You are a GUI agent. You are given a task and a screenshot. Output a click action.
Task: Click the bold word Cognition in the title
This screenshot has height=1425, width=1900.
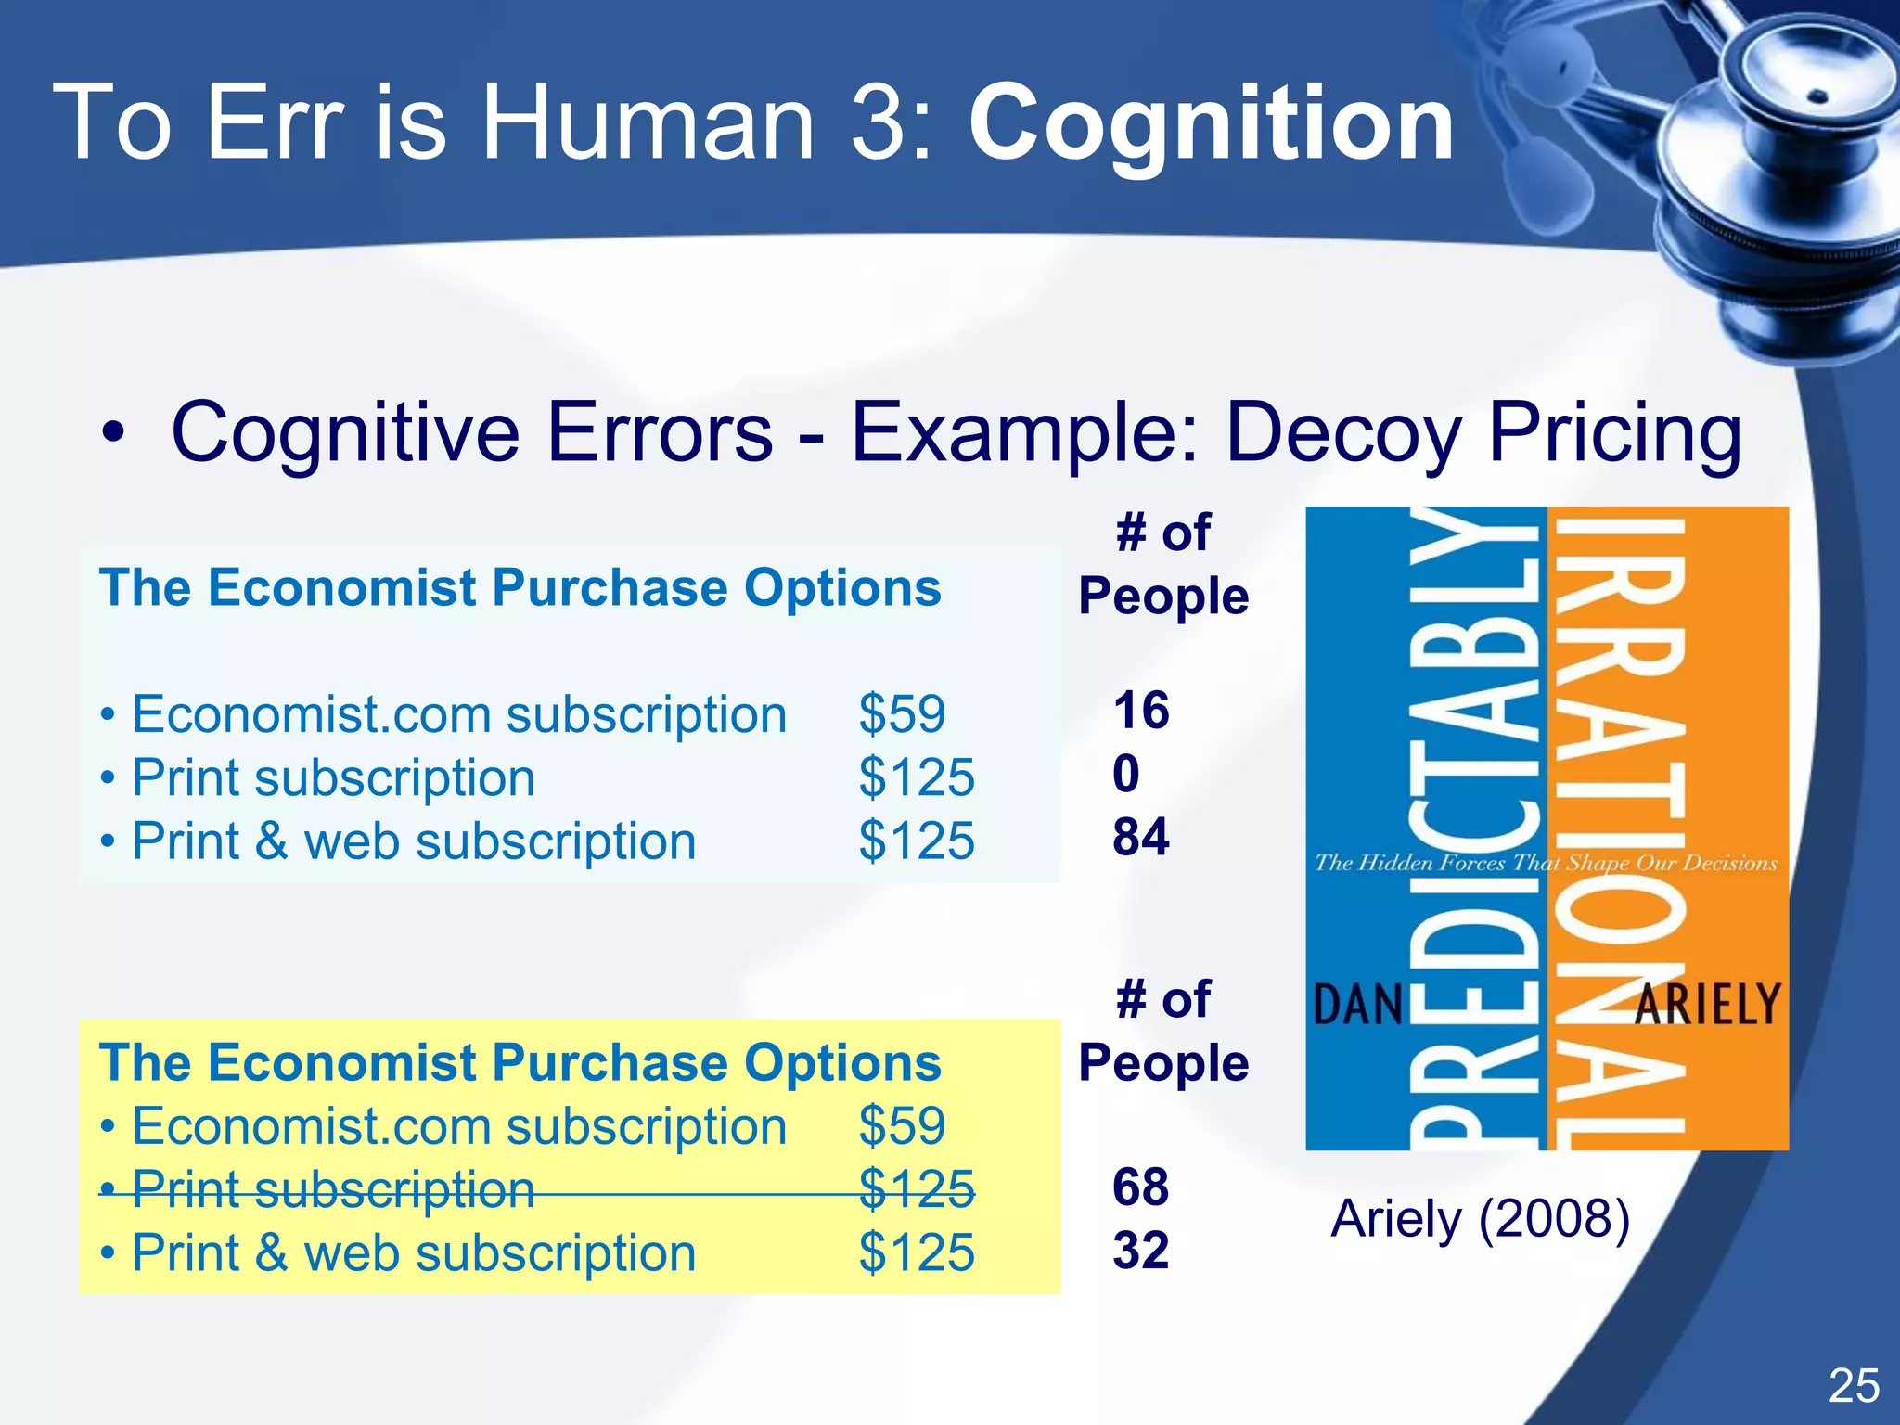1211,123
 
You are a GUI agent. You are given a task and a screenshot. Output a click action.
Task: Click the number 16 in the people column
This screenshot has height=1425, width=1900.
1141,711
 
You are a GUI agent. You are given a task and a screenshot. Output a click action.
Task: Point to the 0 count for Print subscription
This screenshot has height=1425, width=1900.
1126,774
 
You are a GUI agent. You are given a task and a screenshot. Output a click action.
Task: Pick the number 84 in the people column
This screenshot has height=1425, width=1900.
1141,837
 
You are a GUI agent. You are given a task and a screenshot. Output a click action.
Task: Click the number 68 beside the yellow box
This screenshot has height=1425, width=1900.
1141,1187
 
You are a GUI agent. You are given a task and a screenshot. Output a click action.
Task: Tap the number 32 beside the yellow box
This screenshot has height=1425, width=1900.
1141,1251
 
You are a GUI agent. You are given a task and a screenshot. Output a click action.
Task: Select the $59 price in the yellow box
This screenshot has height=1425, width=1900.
902,1126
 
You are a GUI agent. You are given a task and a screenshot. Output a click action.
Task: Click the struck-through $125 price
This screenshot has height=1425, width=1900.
917,1189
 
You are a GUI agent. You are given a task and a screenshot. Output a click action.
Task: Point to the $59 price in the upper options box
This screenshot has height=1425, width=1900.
902,714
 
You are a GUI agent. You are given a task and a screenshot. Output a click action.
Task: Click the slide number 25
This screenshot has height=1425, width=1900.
1854,1386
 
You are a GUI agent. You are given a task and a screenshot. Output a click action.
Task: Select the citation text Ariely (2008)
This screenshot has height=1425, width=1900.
1480,1219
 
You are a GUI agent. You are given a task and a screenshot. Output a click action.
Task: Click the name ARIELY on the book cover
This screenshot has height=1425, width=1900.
1707,1004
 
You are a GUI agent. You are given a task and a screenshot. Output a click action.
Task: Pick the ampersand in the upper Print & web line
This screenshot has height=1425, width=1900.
272,841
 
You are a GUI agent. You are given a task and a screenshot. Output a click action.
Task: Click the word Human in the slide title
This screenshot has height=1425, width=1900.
647,123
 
